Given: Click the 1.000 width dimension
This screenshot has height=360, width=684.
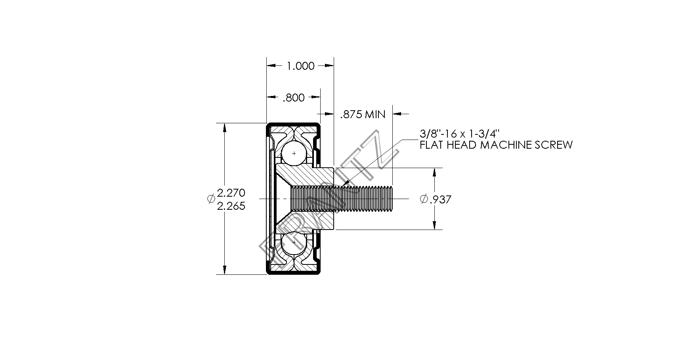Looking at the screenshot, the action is [x=300, y=66].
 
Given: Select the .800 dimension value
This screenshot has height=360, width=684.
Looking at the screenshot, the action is [x=293, y=98].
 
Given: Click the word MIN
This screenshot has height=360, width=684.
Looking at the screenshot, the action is [x=375, y=115].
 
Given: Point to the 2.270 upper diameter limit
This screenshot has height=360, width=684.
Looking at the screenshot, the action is [x=231, y=193].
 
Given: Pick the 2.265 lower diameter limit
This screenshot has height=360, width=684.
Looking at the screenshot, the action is [x=231, y=206].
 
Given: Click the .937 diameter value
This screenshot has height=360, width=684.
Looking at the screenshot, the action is [x=440, y=199].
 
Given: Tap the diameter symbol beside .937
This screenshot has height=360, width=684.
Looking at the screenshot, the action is [x=424, y=199].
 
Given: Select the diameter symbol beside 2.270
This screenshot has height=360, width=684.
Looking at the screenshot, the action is [x=211, y=199].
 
